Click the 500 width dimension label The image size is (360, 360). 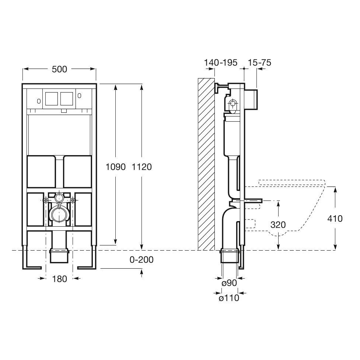pos(59,69)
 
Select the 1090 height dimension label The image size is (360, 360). pos(115,167)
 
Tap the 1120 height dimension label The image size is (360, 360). pos(141,167)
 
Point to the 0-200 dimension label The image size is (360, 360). pos(141,260)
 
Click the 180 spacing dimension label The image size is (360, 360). pos(59,279)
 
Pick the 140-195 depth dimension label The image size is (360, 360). pos(221,62)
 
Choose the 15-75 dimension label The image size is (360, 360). pos(259,62)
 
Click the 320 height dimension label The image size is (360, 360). pos(278,225)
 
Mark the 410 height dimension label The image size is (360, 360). pos(335,219)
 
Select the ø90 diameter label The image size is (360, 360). pos(229,283)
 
